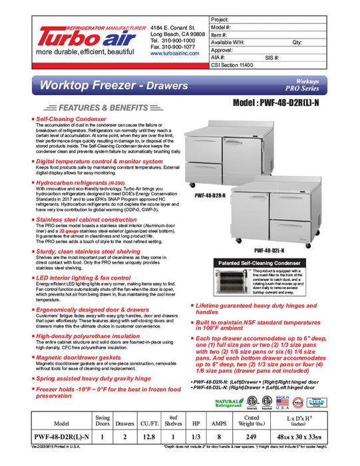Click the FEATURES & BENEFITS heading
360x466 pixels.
tap(96, 107)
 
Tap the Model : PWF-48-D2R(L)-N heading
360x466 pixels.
tap(287, 105)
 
